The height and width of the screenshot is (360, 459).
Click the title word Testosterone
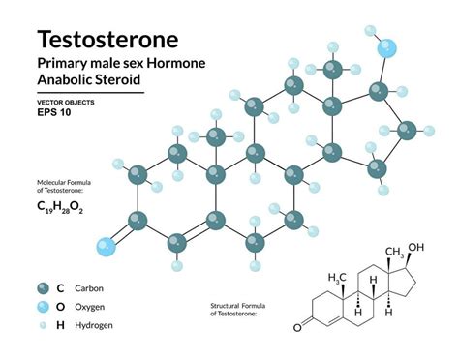107,40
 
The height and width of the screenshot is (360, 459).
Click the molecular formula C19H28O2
60,206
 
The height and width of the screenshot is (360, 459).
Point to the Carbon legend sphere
44,287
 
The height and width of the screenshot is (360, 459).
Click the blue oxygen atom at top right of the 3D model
387,48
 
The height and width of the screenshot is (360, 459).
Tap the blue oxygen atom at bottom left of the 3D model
105,246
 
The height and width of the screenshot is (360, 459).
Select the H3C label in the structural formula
338,277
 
